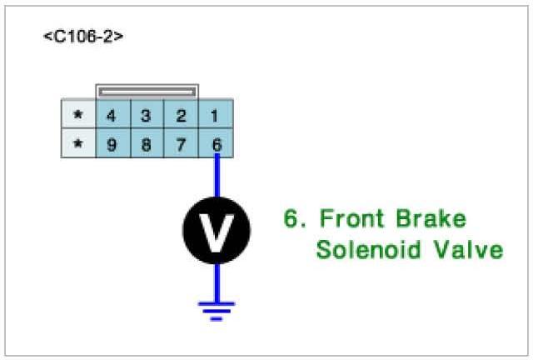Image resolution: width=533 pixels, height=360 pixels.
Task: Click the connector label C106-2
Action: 83,37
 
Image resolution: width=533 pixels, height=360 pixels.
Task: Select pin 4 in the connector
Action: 111,114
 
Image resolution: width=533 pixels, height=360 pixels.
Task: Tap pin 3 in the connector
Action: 146,114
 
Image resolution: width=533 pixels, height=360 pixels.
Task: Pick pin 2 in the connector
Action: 181,114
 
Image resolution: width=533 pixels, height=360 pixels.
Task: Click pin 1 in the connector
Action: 216,114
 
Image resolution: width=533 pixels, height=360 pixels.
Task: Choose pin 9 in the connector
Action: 111,143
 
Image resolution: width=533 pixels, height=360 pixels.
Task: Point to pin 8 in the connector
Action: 146,143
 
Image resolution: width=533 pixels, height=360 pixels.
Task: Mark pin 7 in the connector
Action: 181,143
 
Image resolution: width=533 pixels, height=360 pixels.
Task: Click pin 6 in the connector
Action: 217,143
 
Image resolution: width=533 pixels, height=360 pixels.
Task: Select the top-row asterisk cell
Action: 78,114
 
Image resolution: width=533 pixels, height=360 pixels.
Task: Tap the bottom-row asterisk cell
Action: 78,143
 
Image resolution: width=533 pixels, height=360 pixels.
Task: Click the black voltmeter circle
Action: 217,231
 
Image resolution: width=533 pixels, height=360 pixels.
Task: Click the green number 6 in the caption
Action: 291,220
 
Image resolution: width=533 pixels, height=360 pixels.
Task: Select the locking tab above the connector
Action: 147,90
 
